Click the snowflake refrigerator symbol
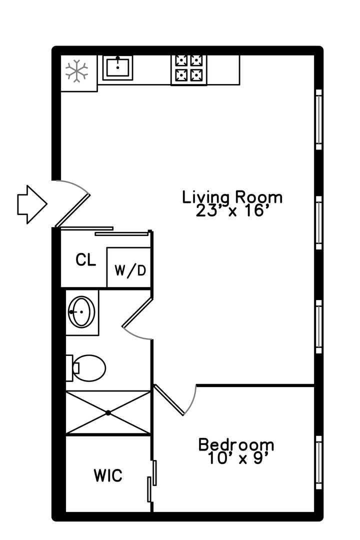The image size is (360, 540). (76, 71)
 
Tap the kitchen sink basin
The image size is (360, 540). (117, 67)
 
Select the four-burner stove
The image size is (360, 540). (189, 70)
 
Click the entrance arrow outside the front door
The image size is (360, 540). (32, 204)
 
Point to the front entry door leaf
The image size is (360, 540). (72, 210)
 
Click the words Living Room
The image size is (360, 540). (232, 197)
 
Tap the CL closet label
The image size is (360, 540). (86, 260)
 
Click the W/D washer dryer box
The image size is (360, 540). (129, 267)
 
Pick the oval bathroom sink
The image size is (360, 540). (81, 312)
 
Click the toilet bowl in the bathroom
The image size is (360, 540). (89, 368)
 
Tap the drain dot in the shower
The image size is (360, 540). (108, 412)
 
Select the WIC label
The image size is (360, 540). (108, 476)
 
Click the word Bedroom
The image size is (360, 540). (236, 444)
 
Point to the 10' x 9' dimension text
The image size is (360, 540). (238, 458)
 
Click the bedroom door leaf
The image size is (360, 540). (169, 400)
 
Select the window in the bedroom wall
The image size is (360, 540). (319, 462)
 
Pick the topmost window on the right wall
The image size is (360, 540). (319, 119)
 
